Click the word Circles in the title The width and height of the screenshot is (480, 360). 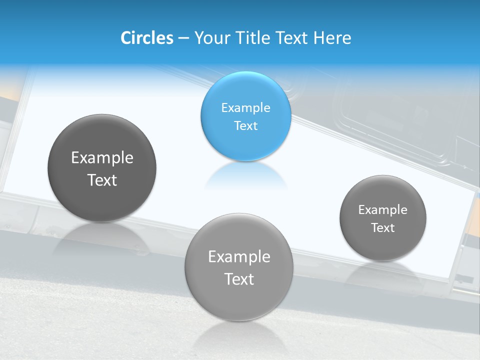pos(146,38)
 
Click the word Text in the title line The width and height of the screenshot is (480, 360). pos(292,38)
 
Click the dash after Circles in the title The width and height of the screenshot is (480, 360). pos(183,38)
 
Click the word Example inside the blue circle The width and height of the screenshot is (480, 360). pos(245,108)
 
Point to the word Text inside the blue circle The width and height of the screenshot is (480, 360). pos(245,126)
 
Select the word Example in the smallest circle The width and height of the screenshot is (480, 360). pos(383,210)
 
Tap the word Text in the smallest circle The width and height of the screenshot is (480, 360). pos(383,228)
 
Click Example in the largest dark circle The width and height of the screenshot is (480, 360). pos(102,158)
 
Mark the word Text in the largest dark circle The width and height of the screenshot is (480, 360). pos(102,180)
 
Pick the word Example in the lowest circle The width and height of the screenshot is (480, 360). pos(239,257)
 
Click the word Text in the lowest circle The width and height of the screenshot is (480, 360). pos(239,279)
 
